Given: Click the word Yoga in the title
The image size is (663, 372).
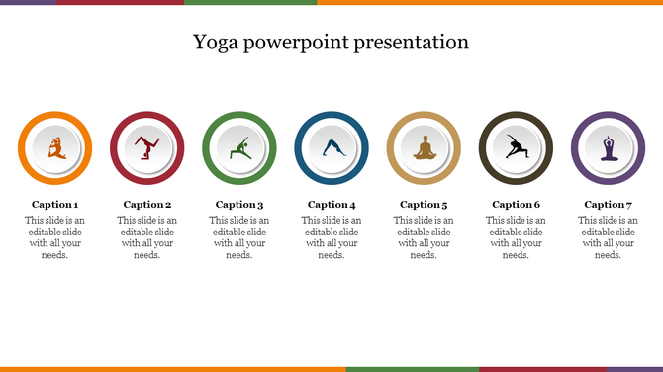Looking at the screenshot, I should (x=214, y=43).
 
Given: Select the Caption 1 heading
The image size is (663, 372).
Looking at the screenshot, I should (x=54, y=205).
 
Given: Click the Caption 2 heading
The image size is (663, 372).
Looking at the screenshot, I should (x=146, y=205).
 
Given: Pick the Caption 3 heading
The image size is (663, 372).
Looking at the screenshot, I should (x=238, y=205).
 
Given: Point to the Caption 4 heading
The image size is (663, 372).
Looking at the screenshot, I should (x=331, y=205).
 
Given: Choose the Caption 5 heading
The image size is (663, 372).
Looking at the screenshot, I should (x=424, y=205).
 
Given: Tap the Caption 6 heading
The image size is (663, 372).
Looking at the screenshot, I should (x=516, y=205).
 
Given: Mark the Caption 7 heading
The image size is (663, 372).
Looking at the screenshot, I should (x=608, y=205).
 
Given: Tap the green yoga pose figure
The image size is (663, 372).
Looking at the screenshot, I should (x=239, y=149).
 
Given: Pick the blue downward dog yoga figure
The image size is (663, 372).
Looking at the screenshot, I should (x=331, y=149).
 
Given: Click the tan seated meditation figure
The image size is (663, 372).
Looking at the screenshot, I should (x=424, y=148).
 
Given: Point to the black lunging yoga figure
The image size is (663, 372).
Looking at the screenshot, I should (x=516, y=148).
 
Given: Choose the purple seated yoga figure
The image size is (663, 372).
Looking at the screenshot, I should (x=608, y=148).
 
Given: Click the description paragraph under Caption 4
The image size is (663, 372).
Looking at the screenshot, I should (x=331, y=237).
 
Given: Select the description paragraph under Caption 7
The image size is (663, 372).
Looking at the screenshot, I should (x=608, y=237).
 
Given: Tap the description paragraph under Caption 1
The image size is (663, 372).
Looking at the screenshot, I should (x=54, y=237).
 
